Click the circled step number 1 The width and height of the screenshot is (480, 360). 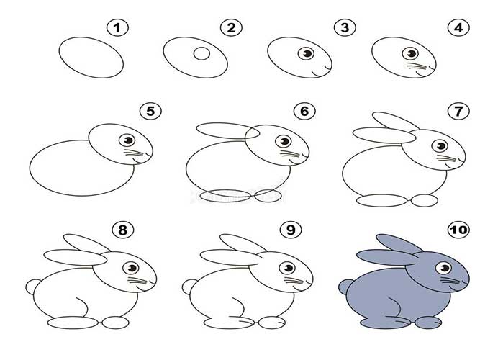click(x=117, y=28)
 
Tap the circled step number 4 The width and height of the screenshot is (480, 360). click(x=458, y=28)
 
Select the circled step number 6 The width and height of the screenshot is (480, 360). click(x=304, y=111)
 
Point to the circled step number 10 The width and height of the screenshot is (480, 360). click(x=458, y=230)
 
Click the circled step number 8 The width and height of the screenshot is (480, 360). click(x=123, y=230)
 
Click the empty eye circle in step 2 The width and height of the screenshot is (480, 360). click(x=201, y=53)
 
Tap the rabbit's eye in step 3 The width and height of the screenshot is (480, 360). click(x=306, y=54)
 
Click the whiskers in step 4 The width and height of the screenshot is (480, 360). click(x=417, y=66)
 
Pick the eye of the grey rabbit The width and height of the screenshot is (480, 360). click(x=443, y=268)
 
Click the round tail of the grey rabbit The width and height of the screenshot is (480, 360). click(x=345, y=287)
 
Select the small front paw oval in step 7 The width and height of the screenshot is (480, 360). click(x=425, y=201)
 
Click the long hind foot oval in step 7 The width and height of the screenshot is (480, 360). click(x=382, y=200)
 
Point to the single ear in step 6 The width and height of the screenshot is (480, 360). click(x=228, y=131)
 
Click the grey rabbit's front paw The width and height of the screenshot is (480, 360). click(x=428, y=323)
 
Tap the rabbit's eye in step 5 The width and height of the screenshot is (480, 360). click(x=127, y=140)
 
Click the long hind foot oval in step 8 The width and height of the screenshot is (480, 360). click(x=73, y=323)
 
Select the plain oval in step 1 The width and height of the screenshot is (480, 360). click(x=91, y=58)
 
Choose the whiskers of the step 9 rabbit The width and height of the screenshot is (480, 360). click(x=294, y=280)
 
